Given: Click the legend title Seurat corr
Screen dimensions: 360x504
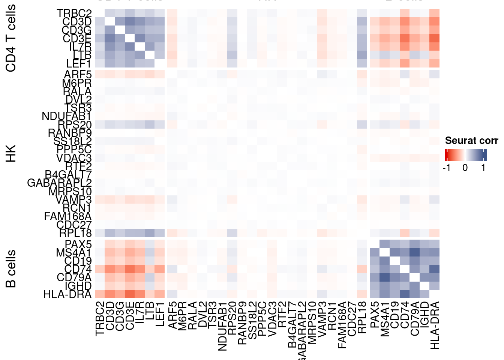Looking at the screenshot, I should tap(471, 141).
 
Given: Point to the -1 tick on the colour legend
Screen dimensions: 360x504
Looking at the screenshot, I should tap(446, 168).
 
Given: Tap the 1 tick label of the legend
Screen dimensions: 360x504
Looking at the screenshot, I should tap(483, 168).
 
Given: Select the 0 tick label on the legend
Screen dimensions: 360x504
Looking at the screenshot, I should tap(465, 168).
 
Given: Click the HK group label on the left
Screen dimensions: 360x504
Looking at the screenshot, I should tap(11, 153).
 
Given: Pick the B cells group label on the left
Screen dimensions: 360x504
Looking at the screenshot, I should tap(11, 268).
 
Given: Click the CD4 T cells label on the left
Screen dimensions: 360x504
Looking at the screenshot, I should tap(11, 38).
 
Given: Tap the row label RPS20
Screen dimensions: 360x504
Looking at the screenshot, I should tap(75, 125).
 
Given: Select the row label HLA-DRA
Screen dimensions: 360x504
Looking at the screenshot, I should tap(67, 294).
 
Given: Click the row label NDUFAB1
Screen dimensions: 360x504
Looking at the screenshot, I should tap(67, 117).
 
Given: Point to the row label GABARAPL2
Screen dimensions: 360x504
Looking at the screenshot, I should tap(60, 183).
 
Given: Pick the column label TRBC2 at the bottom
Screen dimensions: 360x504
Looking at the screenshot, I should tap(99, 319).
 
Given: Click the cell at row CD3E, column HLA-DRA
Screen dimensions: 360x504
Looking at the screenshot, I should tap(434, 38).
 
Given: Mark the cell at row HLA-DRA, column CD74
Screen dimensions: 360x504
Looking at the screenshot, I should tap(405, 294).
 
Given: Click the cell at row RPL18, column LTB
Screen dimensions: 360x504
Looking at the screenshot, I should tap(149, 233).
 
